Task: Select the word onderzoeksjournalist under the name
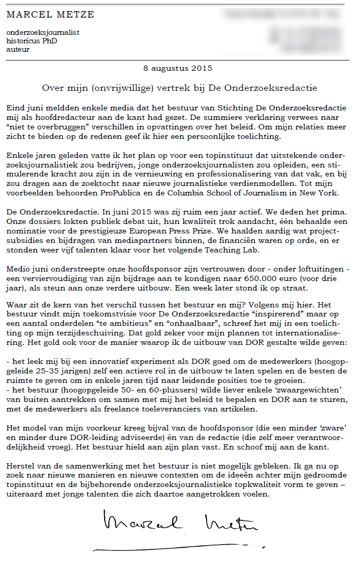43,33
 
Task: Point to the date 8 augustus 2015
178,68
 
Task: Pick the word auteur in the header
18,49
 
